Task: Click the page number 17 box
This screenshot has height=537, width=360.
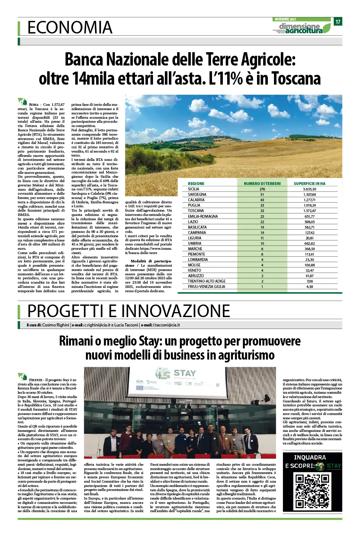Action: click(x=338, y=22)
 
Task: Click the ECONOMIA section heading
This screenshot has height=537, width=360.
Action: click(x=70, y=28)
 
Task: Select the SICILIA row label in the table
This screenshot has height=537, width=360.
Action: click(x=193, y=189)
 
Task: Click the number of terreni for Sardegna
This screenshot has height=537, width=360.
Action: click(x=262, y=194)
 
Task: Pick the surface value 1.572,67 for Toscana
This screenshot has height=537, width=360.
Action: click(x=309, y=211)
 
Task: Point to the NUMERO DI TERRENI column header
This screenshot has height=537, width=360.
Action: click(x=262, y=184)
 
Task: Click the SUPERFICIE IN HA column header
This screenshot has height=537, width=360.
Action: click(x=309, y=184)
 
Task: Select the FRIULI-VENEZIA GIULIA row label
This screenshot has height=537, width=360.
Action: click(x=206, y=286)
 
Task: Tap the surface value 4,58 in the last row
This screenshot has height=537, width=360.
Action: click(x=309, y=286)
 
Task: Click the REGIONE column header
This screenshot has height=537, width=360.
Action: click(x=196, y=184)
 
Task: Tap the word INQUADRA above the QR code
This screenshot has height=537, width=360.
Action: click(x=310, y=457)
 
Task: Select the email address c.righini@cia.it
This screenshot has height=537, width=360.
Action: click(x=97, y=325)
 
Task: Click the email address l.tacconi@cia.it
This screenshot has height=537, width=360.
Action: click(x=166, y=325)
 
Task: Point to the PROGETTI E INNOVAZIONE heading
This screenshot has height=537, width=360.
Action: click(x=129, y=311)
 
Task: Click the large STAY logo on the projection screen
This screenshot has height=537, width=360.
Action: click(x=185, y=373)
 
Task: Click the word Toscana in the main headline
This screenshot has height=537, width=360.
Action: click(x=296, y=78)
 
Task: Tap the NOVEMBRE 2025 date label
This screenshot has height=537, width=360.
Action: click(x=285, y=19)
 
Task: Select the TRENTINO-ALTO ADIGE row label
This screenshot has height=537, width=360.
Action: click(x=207, y=281)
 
